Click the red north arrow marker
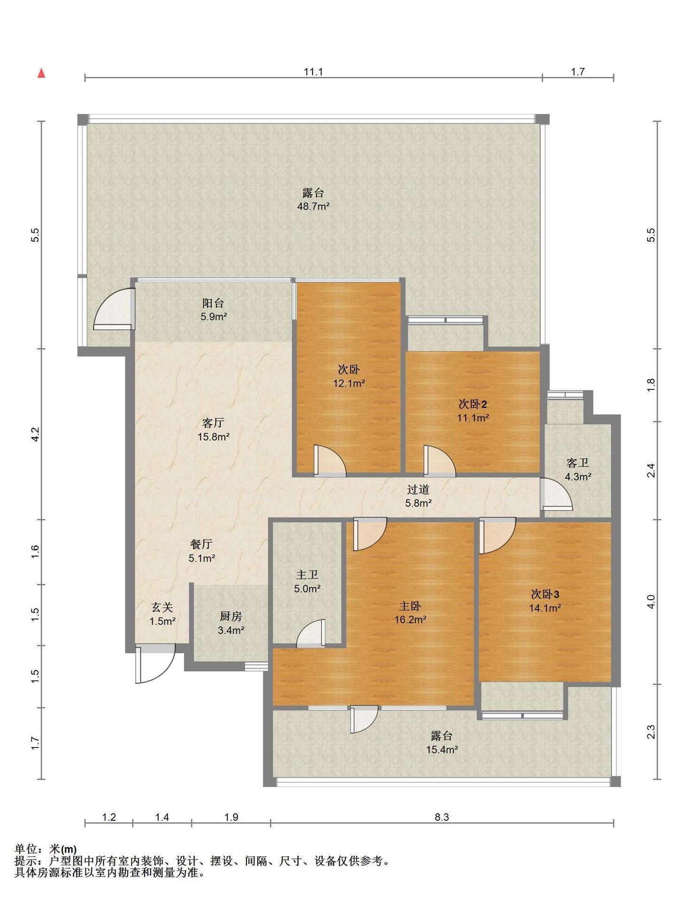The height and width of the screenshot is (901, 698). click(41, 73)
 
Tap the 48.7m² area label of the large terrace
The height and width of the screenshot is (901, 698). click(314, 206)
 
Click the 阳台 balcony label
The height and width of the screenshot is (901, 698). click(213, 303)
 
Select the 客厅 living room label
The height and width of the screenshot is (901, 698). click(213, 423)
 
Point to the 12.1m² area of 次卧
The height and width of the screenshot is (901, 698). click(349, 383)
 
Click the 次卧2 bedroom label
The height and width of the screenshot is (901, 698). click(472, 404)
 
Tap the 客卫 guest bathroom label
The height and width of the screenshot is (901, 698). click(577, 463)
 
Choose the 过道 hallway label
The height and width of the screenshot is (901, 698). click(418, 489)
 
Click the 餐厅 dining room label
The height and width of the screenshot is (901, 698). click(201, 544)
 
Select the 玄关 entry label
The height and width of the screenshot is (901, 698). click(162, 608)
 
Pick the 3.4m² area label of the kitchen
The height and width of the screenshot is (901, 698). click(231, 630)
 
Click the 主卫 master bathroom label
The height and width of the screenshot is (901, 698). click(307, 575)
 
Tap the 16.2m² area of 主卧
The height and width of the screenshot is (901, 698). click(410, 619)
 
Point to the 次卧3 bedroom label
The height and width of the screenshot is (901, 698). click(545, 594)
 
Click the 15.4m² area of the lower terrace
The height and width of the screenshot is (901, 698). click(442, 749)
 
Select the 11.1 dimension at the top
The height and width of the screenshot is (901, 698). click(314, 72)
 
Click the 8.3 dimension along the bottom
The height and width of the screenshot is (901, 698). click(442, 817)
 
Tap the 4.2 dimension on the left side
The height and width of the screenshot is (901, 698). click(36, 434)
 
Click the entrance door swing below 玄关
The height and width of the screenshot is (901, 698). click(155, 664)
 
